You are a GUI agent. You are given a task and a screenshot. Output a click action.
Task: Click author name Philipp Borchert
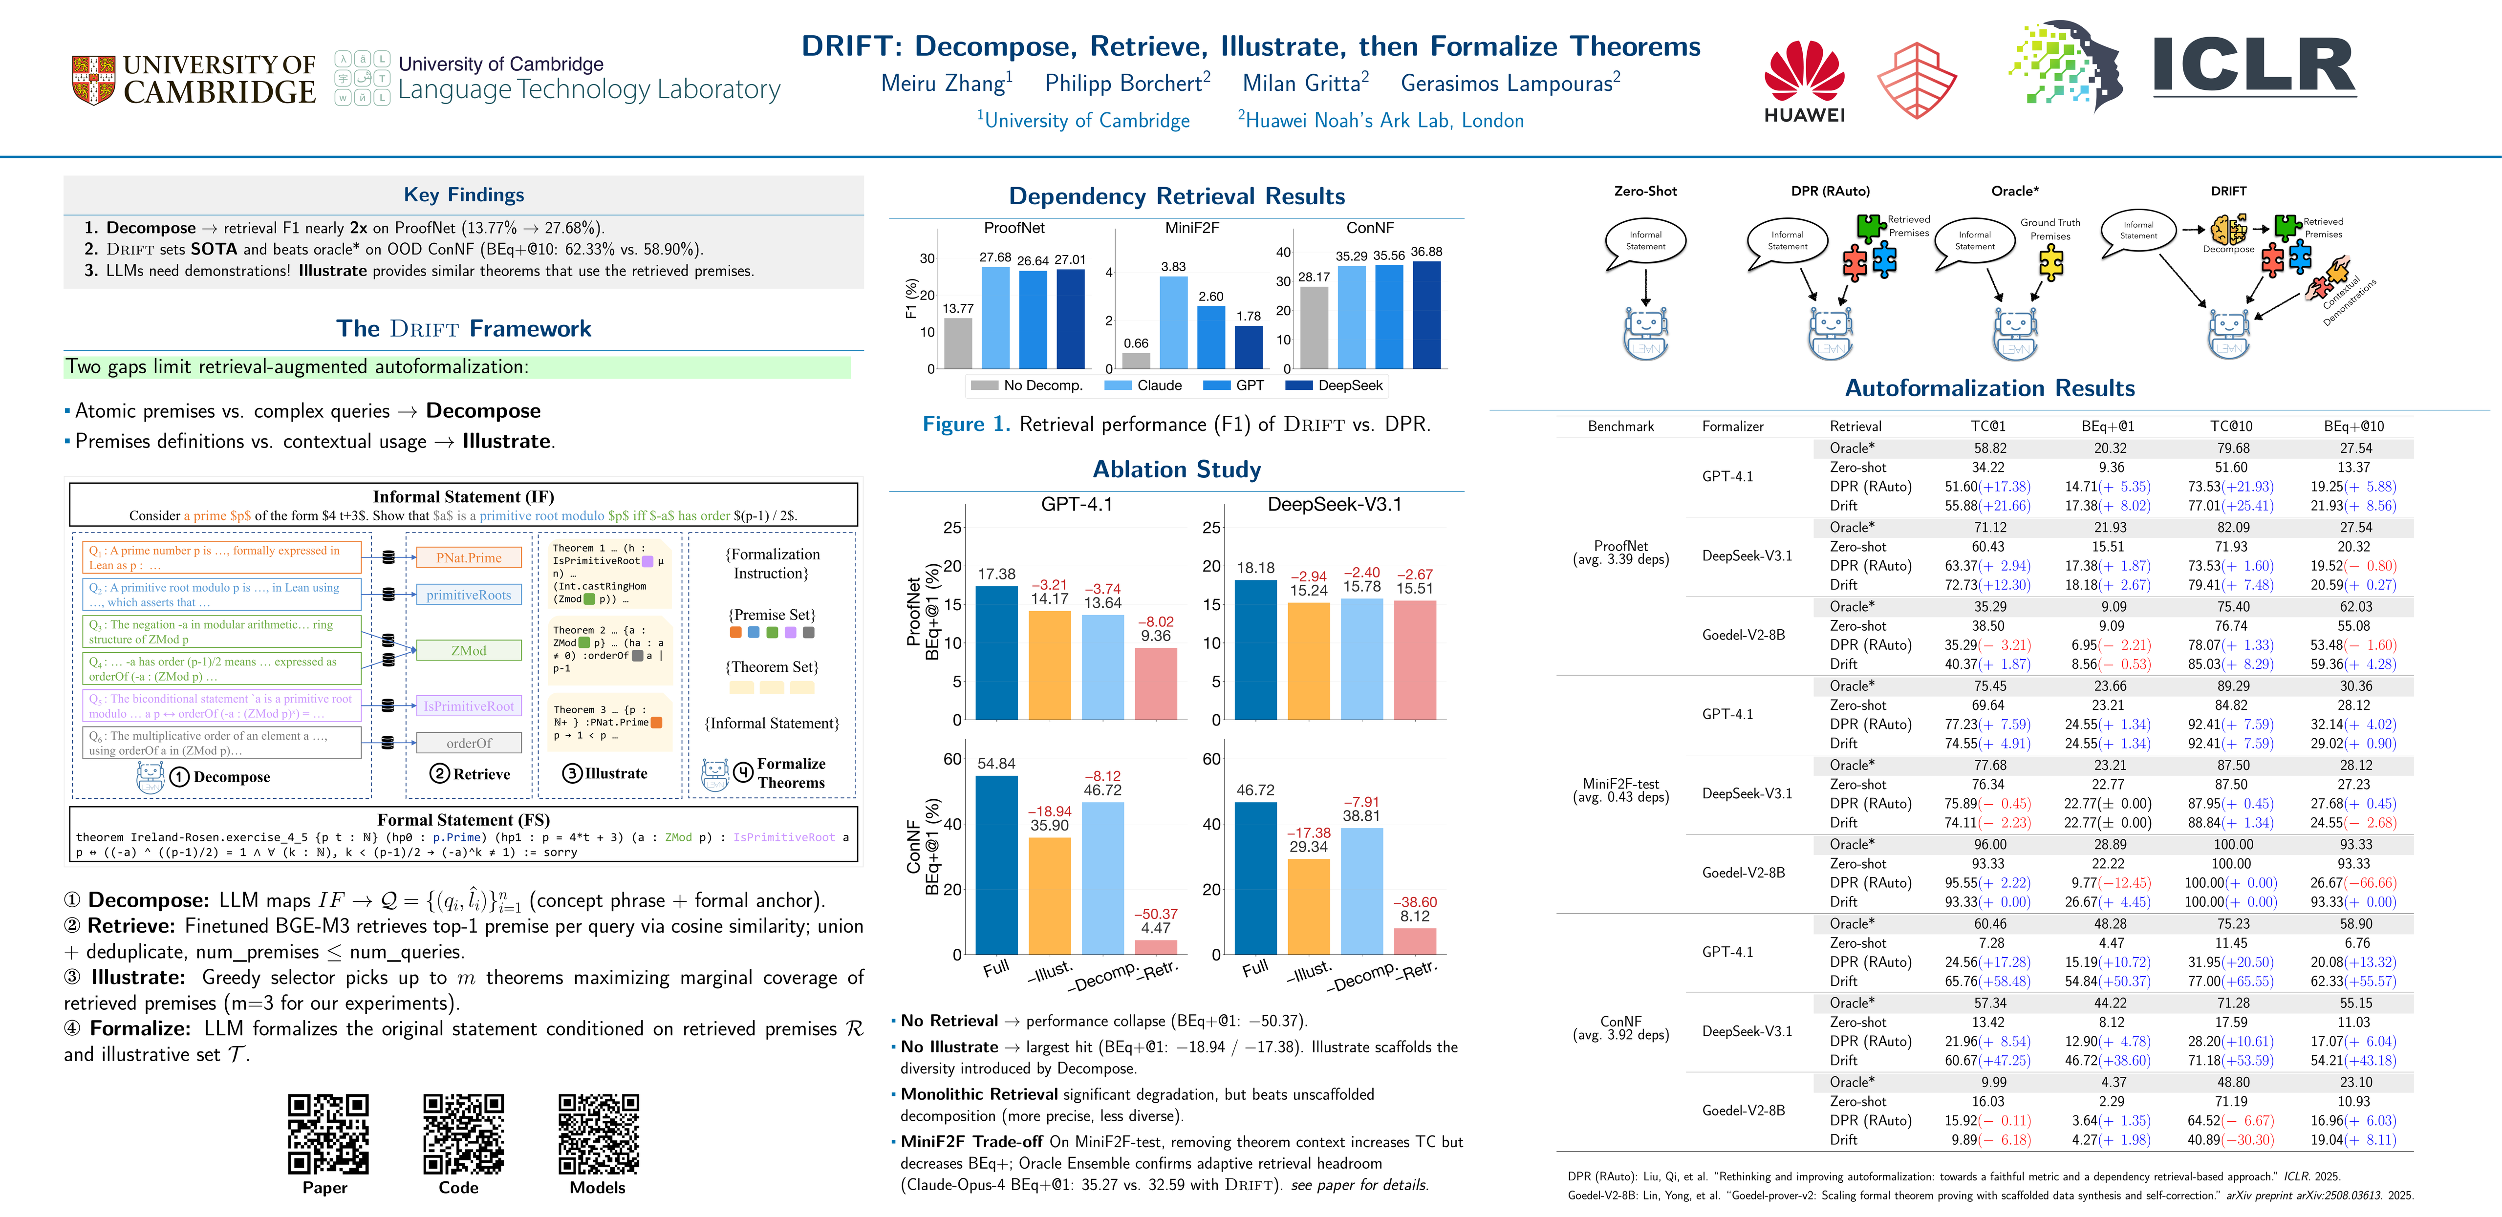coord(1127,84)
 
